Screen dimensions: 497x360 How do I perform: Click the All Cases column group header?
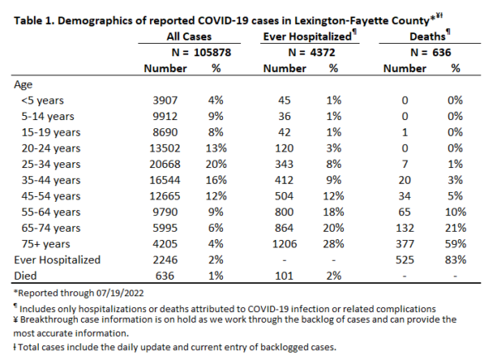(x=189, y=36)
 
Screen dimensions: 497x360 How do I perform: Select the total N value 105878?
(x=212, y=52)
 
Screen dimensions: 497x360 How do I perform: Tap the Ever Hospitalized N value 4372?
(x=322, y=52)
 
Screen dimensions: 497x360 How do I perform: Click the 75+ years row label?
(x=46, y=244)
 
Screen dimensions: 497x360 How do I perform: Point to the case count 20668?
(x=165, y=164)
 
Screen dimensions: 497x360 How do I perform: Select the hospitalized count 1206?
(x=284, y=244)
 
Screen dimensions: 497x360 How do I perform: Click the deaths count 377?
(x=405, y=244)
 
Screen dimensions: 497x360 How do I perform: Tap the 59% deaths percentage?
(x=455, y=244)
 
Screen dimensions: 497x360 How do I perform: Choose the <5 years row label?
(x=42, y=100)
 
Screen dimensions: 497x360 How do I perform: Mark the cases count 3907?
(x=165, y=100)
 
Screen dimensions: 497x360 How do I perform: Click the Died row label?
(x=26, y=276)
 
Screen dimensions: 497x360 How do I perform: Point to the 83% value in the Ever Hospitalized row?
(x=455, y=260)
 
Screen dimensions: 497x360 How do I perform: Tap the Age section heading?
(x=23, y=85)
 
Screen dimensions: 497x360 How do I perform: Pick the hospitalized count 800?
(x=284, y=212)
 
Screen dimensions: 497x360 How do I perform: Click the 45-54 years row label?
(x=51, y=196)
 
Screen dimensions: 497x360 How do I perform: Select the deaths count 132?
(x=405, y=228)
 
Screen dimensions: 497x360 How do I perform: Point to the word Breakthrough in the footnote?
(x=43, y=319)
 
